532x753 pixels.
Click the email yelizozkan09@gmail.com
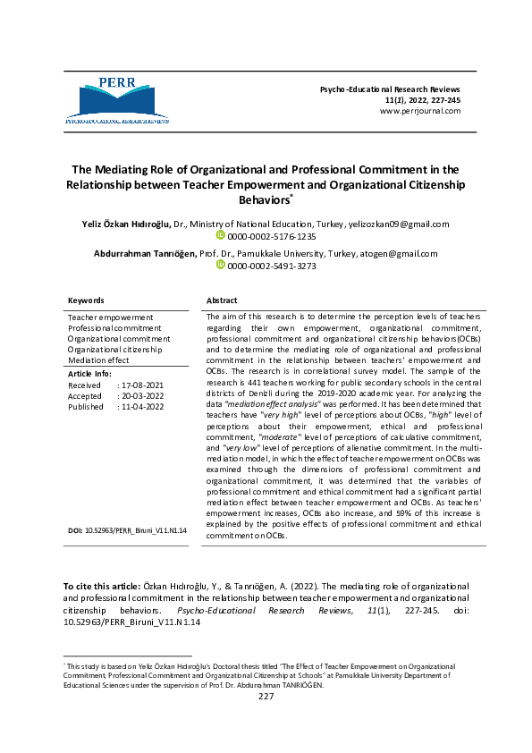pos(398,224)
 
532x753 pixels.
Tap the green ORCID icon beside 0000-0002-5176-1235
pos(221,237)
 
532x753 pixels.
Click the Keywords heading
pos(87,300)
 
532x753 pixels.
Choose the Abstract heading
pos(222,300)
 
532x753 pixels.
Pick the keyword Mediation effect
pos(98,360)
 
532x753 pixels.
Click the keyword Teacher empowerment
pos(111,317)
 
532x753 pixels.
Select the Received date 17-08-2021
pos(139,385)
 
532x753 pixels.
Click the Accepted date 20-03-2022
pos(139,395)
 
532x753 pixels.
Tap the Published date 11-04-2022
pos(139,406)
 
